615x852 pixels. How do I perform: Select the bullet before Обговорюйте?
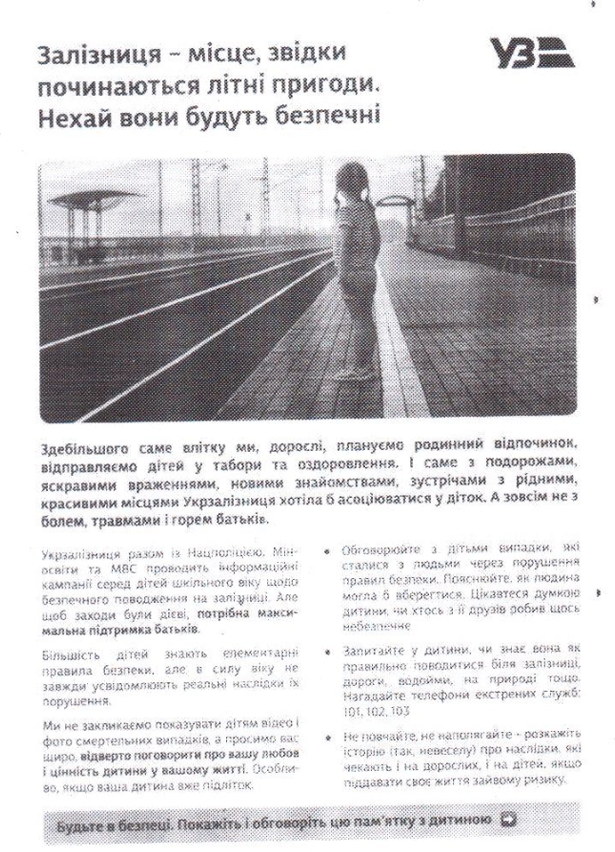coord(328,554)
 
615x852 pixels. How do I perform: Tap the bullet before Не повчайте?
coord(328,737)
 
